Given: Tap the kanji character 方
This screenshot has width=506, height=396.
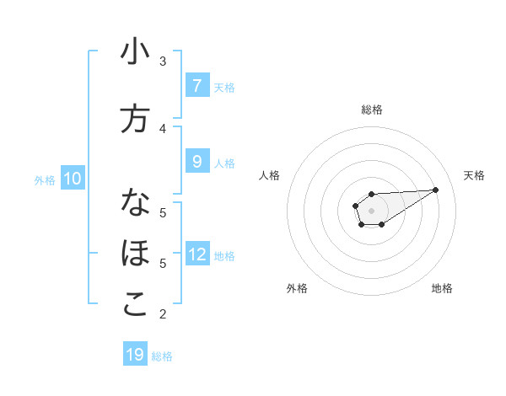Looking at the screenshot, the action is (135, 119).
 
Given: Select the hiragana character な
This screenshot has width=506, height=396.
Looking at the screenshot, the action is (135, 203).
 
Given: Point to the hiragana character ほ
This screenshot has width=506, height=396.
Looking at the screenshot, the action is (135, 253).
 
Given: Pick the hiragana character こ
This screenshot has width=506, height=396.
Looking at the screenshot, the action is (135, 304).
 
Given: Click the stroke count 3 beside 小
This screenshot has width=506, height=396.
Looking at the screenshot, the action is (163, 62).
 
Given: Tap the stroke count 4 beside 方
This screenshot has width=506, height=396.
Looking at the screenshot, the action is (163, 128).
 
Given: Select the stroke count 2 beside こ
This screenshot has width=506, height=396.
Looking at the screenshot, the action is (163, 314).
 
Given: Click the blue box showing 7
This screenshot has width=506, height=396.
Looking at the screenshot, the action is (196, 85).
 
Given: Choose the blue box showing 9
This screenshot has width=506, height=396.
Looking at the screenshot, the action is (196, 161).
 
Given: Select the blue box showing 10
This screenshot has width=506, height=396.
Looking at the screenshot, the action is (73, 179).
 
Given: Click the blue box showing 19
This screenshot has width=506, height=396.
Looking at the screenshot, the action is (135, 355).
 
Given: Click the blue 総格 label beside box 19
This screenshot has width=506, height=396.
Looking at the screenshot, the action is (162, 356).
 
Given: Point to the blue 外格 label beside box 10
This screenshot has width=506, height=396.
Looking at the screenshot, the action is (45, 179).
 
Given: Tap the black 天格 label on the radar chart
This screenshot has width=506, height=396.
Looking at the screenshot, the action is (475, 175).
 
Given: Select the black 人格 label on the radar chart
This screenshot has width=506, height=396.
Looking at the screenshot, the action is (270, 175).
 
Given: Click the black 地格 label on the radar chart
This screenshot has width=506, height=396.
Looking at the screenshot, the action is (442, 288).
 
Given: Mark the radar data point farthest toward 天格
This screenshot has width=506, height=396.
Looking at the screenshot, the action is (436, 190).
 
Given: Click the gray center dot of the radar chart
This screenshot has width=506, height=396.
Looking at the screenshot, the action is (371, 209).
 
